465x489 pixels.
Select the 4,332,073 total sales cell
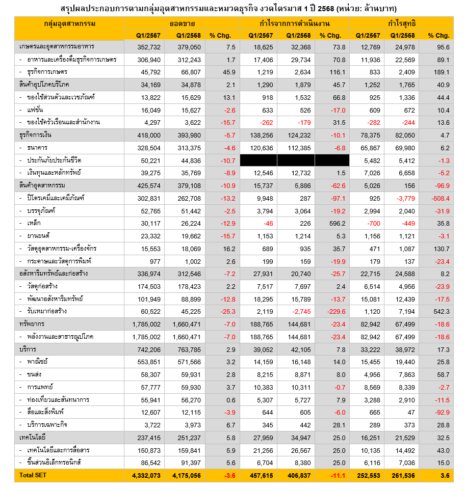146,475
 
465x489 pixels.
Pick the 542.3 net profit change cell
441,311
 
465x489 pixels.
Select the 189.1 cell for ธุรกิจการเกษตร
441,72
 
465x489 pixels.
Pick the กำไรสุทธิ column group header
401,24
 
